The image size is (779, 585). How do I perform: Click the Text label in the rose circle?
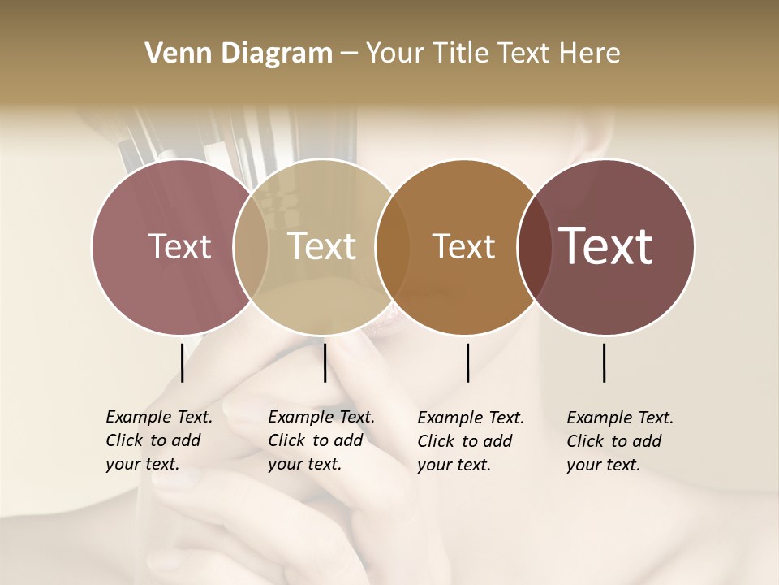click(179, 246)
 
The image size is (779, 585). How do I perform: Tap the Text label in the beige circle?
click(322, 246)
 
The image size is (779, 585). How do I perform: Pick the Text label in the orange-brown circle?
click(463, 246)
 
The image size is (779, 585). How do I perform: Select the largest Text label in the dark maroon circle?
click(606, 246)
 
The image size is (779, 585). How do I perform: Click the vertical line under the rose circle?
click(183, 362)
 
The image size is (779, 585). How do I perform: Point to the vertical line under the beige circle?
click(325, 362)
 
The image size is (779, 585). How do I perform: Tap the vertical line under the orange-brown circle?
click(467, 362)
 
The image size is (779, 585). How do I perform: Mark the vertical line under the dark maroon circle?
click(605, 362)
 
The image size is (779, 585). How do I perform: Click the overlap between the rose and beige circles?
click(251, 246)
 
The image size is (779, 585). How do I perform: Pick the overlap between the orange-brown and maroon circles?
click(534, 246)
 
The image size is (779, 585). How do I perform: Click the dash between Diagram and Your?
click(349, 54)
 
